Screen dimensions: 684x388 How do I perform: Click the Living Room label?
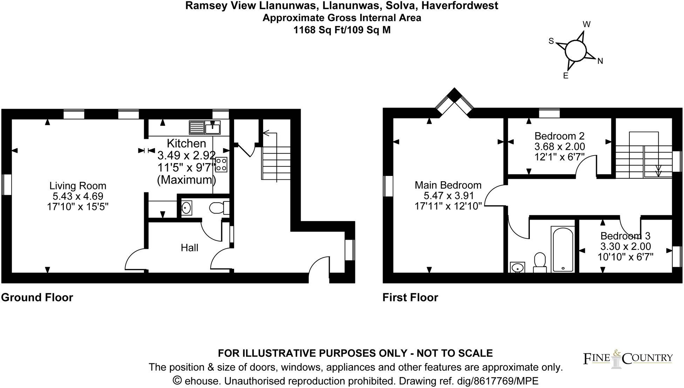pyautogui.click(x=77, y=186)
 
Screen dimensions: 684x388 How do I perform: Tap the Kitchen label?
pyautogui.click(x=186, y=143)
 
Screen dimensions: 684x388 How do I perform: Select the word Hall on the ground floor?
pyautogui.click(x=189, y=248)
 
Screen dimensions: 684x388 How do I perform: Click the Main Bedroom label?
pyautogui.click(x=448, y=185)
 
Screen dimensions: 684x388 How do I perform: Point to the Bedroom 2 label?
pyautogui.click(x=559, y=136)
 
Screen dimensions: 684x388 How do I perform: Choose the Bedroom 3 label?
pyautogui.click(x=625, y=236)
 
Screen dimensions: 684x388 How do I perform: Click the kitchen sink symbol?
pyautogui.click(x=205, y=128)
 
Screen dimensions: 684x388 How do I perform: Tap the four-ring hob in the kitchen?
pyautogui.click(x=221, y=164)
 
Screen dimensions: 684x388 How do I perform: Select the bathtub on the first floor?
pyautogui.click(x=562, y=249)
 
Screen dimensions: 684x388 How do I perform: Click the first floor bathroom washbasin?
pyautogui.click(x=517, y=268)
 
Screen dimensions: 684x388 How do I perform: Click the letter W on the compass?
pyautogui.click(x=586, y=25)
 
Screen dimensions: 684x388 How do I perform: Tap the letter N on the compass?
pyautogui.click(x=600, y=61)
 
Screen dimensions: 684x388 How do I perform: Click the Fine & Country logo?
pyautogui.click(x=628, y=359)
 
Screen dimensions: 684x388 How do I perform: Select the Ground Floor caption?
pyautogui.click(x=37, y=298)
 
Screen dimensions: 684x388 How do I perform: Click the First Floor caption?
pyautogui.click(x=410, y=298)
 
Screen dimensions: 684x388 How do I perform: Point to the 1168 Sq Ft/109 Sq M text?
pyautogui.click(x=342, y=30)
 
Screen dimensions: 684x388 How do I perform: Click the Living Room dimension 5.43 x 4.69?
pyautogui.click(x=77, y=196)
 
